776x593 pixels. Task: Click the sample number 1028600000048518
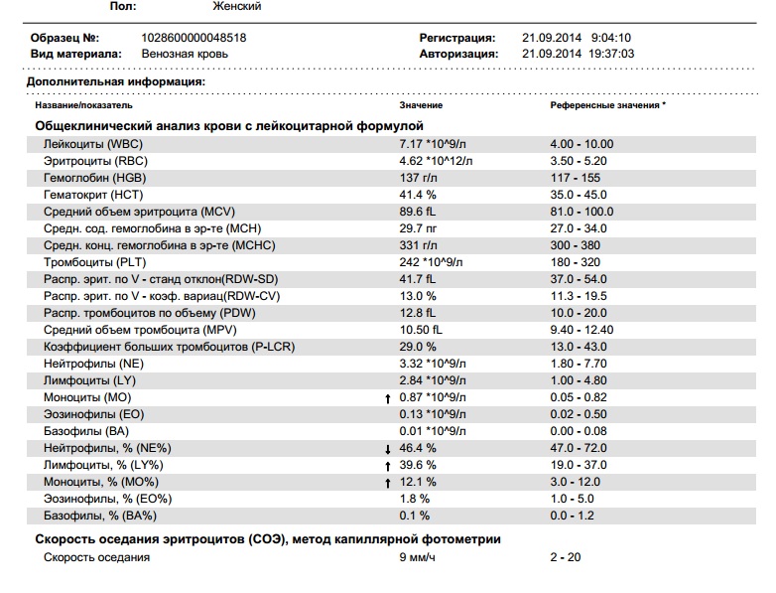[x=194, y=38]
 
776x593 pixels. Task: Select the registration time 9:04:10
[x=610, y=38]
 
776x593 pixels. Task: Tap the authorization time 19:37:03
[x=611, y=54]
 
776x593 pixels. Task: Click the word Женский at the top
[x=236, y=6]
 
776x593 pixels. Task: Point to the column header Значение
[x=421, y=105]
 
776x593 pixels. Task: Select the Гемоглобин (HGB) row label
[x=95, y=178]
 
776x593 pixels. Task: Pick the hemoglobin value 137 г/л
[x=418, y=178]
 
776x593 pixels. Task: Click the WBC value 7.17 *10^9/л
[x=433, y=144]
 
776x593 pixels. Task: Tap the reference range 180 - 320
[x=576, y=262]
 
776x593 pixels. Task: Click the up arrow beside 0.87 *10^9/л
[x=388, y=398]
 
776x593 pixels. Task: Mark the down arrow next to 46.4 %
[x=388, y=449]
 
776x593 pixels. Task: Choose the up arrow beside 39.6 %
[x=388, y=466]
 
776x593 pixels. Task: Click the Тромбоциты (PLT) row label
[x=95, y=262]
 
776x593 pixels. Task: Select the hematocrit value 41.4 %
[x=418, y=195]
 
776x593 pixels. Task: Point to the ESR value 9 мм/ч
[x=417, y=557]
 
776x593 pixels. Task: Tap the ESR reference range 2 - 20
[x=566, y=557]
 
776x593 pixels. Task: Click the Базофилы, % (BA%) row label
[x=100, y=516]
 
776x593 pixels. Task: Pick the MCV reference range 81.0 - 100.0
[x=582, y=212]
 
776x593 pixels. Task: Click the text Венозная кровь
[x=185, y=54]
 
